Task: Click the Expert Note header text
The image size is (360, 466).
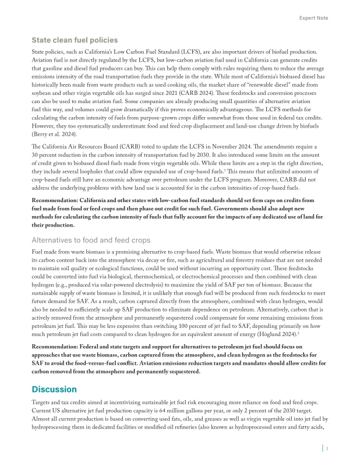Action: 313,18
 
